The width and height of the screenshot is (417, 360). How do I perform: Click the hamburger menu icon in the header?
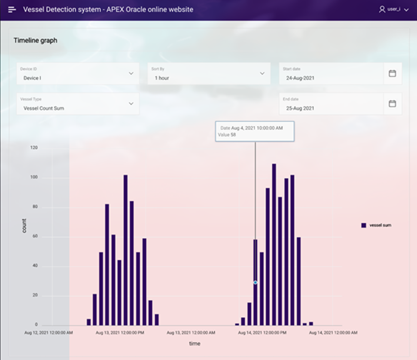pyautogui.click(x=12, y=10)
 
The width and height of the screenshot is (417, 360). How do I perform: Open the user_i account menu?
pyautogui.click(x=394, y=10)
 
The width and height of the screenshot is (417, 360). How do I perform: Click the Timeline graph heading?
pyautogui.click(x=35, y=41)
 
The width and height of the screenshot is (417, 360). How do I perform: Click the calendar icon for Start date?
pyautogui.click(x=392, y=74)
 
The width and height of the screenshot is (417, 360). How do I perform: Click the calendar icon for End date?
pyautogui.click(x=392, y=104)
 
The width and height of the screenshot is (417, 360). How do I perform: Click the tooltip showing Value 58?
pyautogui.click(x=255, y=131)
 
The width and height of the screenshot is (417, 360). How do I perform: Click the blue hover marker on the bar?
pyautogui.click(x=255, y=282)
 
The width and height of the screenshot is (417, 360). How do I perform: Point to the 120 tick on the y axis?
pyautogui.click(x=34, y=148)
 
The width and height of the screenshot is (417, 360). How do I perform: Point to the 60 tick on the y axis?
pyautogui.click(x=35, y=236)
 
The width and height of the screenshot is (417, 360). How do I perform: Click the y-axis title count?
pyautogui.click(x=24, y=225)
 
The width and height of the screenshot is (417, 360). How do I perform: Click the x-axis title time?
pyautogui.click(x=195, y=343)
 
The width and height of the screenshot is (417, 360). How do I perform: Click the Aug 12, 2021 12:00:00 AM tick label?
pyautogui.click(x=49, y=333)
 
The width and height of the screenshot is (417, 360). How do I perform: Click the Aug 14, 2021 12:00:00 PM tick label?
pyautogui.click(x=262, y=333)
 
